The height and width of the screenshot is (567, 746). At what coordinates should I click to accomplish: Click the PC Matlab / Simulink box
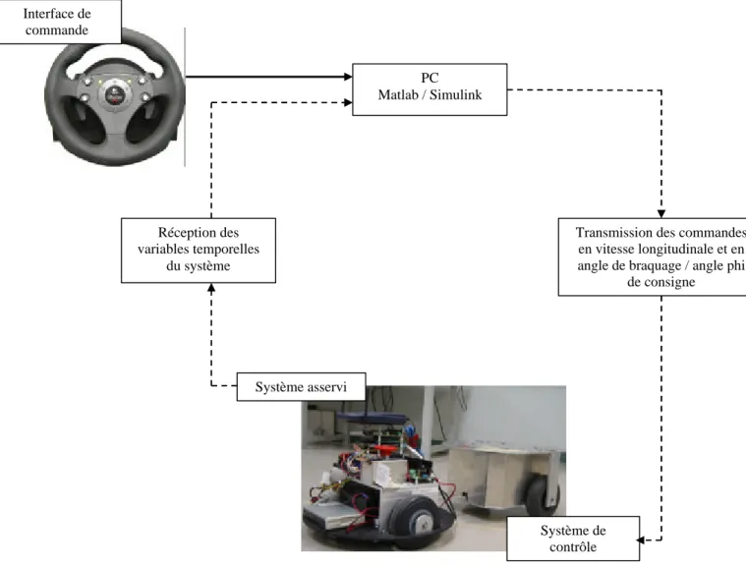coord(430,89)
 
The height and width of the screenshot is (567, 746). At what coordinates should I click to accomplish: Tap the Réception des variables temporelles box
coord(199,251)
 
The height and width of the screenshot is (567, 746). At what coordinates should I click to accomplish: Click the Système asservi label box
coord(301,387)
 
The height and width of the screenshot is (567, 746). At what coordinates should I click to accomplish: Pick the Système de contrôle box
coord(573,539)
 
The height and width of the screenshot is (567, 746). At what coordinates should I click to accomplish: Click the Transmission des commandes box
coord(653,256)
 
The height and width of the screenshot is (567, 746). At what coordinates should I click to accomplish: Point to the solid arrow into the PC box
coord(268,77)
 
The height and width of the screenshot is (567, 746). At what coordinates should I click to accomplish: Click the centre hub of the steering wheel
coord(114,94)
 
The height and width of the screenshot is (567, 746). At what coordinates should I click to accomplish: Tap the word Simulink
coord(456,94)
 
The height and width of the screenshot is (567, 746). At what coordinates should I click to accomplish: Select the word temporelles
coord(228,249)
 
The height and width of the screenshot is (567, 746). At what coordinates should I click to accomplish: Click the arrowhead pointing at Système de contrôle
coord(641,539)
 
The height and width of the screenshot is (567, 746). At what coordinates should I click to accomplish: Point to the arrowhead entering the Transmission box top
coord(661,213)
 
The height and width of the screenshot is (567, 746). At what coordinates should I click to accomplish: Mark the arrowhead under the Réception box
coord(211,287)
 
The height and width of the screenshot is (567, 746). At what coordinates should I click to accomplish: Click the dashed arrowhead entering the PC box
coord(348,102)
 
